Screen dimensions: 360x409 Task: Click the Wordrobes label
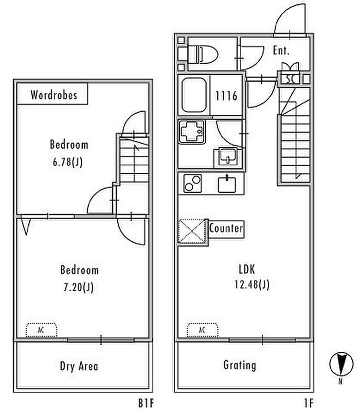pyautogui.click(x=53, y=95)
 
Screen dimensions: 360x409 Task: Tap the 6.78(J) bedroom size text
pyautogui.click(x=68, y=162)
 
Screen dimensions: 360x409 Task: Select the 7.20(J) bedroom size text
pyautogui.click(x=79, y=288)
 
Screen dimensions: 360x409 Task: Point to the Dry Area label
pyautogui.click(x=79, y=366)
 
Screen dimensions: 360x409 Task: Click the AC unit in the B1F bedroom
pyautogui.click(x=41, y=330)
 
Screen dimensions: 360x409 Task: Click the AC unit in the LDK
pyautogui.click(x=202, y=330)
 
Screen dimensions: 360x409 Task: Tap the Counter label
pyautogui.click(x=226, y=228)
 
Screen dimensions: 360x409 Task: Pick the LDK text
pyautogui.click(x=247, y=269)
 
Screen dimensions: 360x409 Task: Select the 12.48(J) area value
pyautogui.click(x=252, y=284)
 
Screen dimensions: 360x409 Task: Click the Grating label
pyautogui.click(x=240, y=365)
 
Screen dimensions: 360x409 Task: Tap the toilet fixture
pyautogui.click(x=203, y=54)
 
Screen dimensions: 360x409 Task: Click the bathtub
pyautogui.click(x=194, y=96)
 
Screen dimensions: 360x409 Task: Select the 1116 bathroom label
pyautogui.click(x=226, y=96)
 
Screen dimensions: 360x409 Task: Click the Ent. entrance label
pyautogui.click(x=281, y=50)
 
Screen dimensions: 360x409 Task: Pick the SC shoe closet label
pyautogui.click(x=291, y=79)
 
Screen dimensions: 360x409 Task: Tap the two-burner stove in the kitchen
pyautogui.click(x=192, y=183)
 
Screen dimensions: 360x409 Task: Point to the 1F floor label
pyautogui.click(x=309, y=403)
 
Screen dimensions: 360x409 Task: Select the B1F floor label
pyautogui.click(x=146, y=403)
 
